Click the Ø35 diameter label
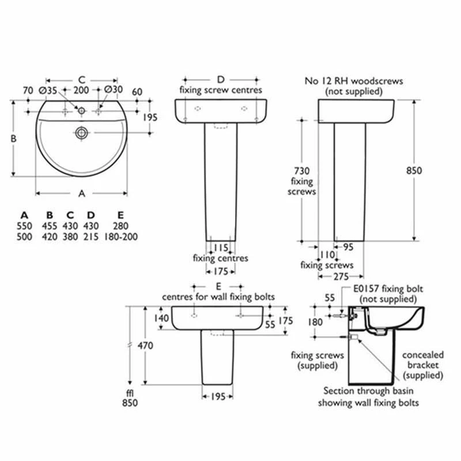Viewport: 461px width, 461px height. [x=48, y=90]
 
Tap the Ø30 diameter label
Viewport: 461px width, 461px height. [x=114, y=90]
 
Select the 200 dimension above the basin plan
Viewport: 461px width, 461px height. [x=81, y=90]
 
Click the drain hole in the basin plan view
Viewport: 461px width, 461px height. [x=82, y=133]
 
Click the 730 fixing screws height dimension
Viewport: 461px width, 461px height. [x=302, y=171]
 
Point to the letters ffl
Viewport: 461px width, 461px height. [x=130, y=393]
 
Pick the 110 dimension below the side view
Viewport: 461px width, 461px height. [x=327, y=254]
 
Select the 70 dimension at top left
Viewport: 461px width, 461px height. [x=27, y=90]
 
